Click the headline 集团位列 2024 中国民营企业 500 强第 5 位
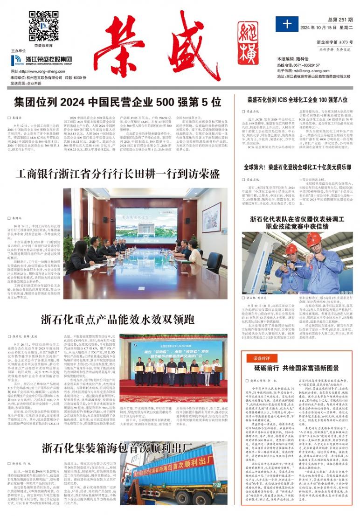(117, 102)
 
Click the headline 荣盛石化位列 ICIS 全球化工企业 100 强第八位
(298, 99)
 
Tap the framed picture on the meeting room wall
(211, 217)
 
